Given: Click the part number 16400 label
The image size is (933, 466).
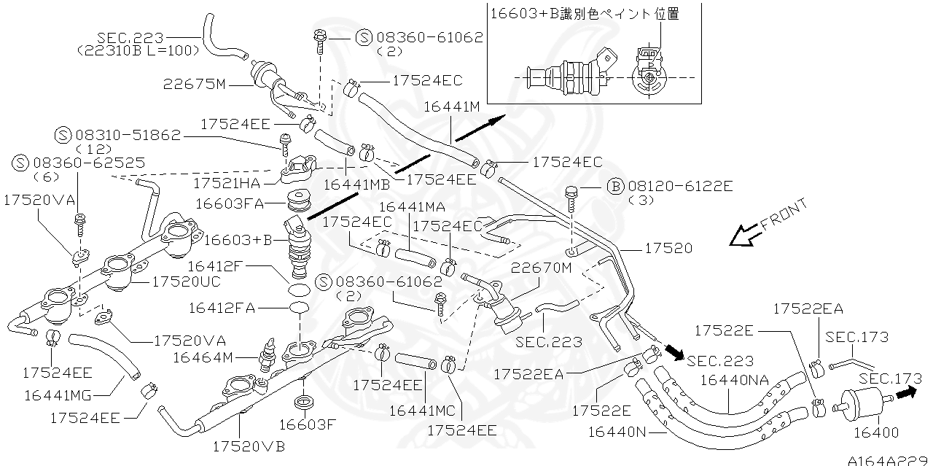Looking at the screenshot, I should pos(875,432).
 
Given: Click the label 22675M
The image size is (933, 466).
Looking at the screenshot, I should pos(195,84).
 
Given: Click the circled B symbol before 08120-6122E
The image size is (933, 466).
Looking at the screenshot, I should pos(614,187).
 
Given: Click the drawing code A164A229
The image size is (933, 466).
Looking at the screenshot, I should pos(889,459).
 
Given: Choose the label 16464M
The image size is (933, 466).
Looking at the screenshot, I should pos(203,357).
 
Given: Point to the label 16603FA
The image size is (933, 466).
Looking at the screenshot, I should pos(230,202).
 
